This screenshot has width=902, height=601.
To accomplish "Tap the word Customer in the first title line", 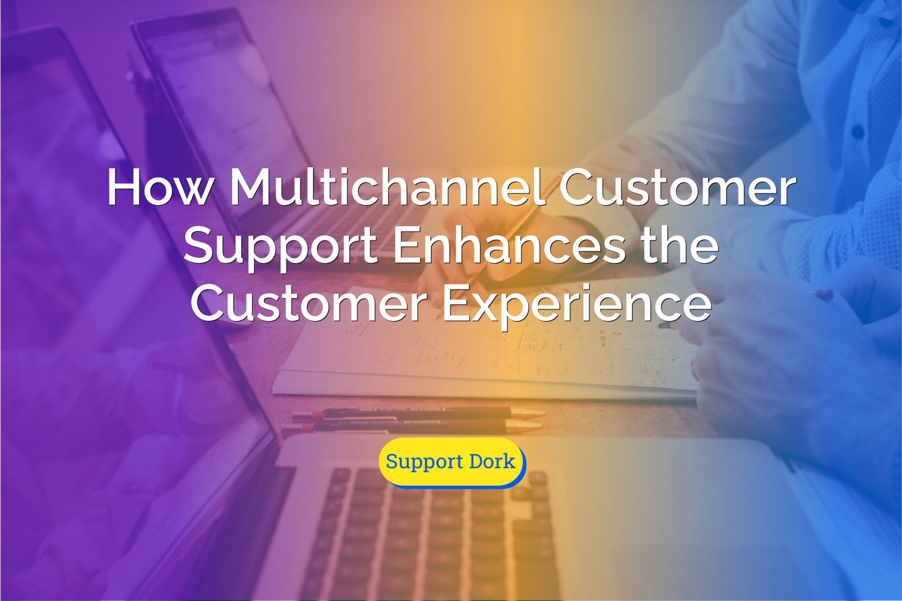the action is (678, 187).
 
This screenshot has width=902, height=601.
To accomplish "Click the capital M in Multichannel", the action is (251, 188).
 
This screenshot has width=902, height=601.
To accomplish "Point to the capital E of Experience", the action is (457, 302).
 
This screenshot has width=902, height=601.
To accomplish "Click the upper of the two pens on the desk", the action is (419, 412).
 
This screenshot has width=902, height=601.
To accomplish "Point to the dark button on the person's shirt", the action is (857, 132).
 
